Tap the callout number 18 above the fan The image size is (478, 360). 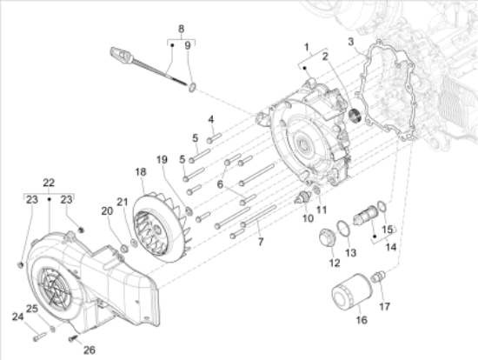(x=141, y=172)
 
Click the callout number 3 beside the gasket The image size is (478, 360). (x=351, y=42)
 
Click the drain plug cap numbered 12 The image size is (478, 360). (x=327, y=239)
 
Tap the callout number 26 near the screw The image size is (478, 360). (x=90, y=350)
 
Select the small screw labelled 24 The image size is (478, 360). (x=39, y=337)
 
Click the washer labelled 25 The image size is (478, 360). (x=53, y=330)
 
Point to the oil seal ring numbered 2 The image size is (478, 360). (x=355, y=116)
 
